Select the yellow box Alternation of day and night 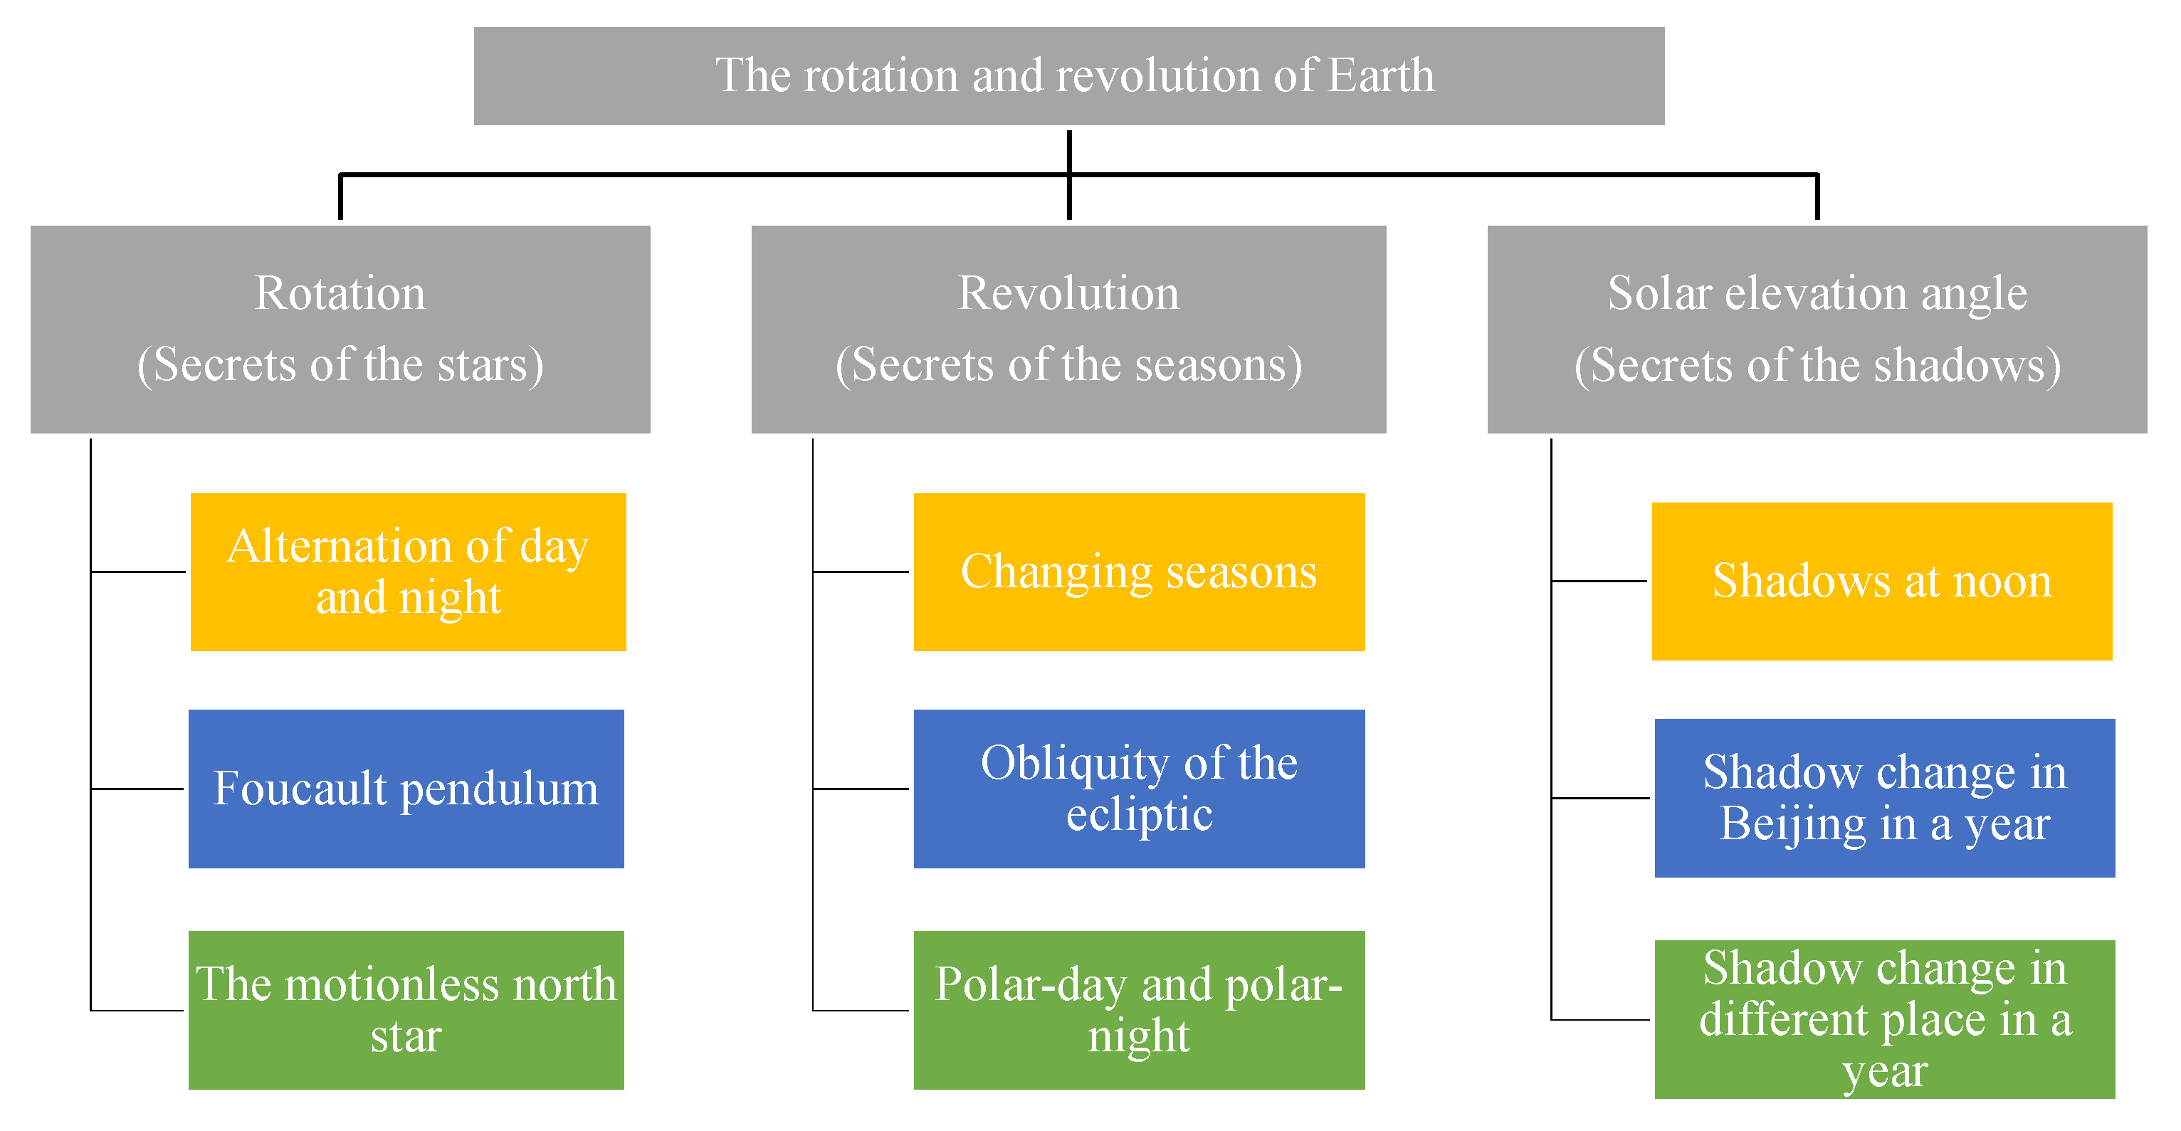(408, 572)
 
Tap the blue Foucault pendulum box (406, 789)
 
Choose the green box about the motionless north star (406, 1010)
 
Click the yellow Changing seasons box (1140, 572)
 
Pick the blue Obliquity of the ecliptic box (1140, 789)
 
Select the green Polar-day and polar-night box (1140, 1010)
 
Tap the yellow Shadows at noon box (1882, 582)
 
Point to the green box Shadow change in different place (1886, 1019)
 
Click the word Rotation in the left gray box (340, 293)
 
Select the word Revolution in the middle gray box (1068, 293)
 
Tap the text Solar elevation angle (1818, 293)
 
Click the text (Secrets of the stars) (340, 365)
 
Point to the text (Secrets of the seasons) (1068, 365)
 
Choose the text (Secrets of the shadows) (1818, 365)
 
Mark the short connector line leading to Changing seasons (861, 572)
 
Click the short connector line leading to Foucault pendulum (137, 789)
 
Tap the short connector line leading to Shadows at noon (1599, 582)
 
